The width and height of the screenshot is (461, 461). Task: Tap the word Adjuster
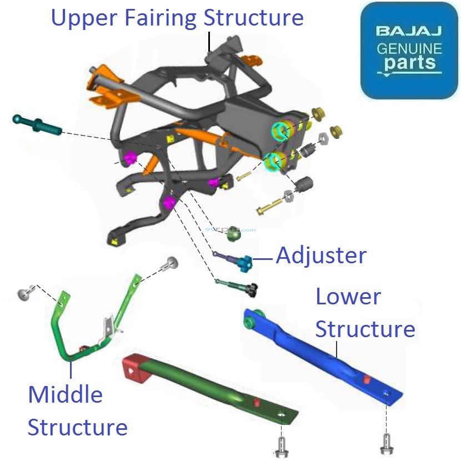click(321, 255)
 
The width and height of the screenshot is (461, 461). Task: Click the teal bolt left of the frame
click(36, 124)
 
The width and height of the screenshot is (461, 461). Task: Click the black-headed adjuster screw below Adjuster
click(253, 289)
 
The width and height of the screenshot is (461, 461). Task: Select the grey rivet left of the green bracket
click(25, 294)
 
